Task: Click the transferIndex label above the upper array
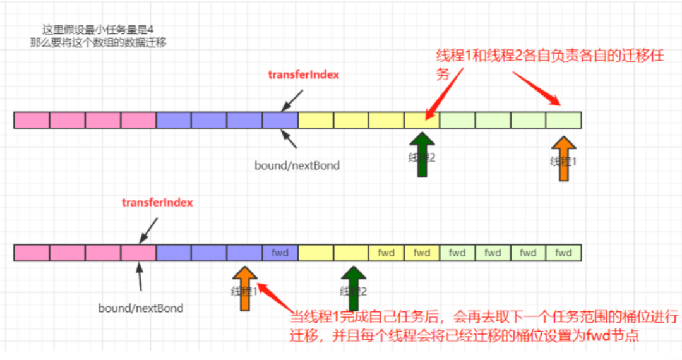point(304,75)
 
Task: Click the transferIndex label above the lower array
point(157,203)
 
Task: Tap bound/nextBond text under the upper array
point(297,165)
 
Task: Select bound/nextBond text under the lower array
point(141,308)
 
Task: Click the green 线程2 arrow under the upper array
point(422,155)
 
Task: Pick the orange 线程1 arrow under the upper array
point(563,158)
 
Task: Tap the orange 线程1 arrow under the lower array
point(245,289)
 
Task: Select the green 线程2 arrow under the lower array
point(354,289)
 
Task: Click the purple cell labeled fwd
point(280,253)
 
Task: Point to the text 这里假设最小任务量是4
point(98,30)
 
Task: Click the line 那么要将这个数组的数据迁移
point(98,43)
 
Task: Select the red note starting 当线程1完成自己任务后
point(484,325)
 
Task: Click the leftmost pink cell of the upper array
point(32,120)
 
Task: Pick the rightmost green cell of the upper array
point(563,120)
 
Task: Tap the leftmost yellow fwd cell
point(386,253)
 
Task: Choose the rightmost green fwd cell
point(563,253)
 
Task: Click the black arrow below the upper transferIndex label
point(292,99)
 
